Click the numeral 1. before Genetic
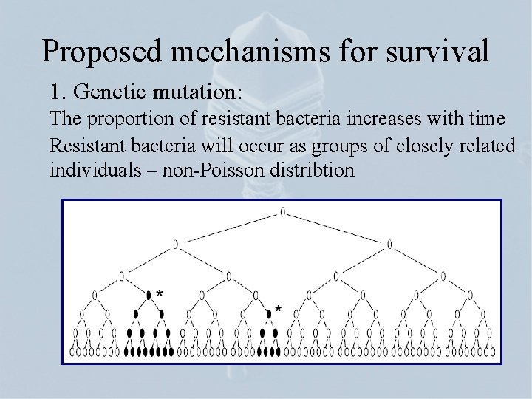point(58,93)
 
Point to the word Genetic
point(111,93)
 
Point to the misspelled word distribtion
point(308,170)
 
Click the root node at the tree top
point(282,212)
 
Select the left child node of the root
point(175,243)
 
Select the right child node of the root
point(389,243)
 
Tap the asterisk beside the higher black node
point(160,293)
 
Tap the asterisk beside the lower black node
point(279,308)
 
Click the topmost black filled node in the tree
point(149,295)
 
